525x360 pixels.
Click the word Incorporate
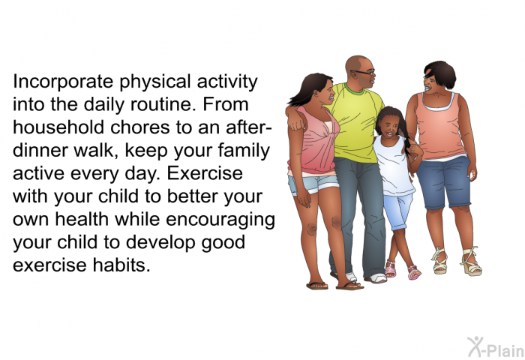click(63, 82)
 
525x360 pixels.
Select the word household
click(58, 127)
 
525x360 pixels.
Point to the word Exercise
click(205, 173)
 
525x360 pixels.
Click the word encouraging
click(220, 220)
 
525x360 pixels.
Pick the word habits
click(121, 265)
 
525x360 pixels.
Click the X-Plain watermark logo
click(496, 347)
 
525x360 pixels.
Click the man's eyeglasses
click(364, 72)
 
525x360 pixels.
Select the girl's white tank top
click(394, 166)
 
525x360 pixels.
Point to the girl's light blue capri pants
click(397, 211)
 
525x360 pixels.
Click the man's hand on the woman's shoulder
click(296, 123)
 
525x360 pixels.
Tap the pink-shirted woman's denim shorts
click(313, 184)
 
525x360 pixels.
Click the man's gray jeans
click(358, 214)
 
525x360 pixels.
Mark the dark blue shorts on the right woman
click(444, 182)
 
